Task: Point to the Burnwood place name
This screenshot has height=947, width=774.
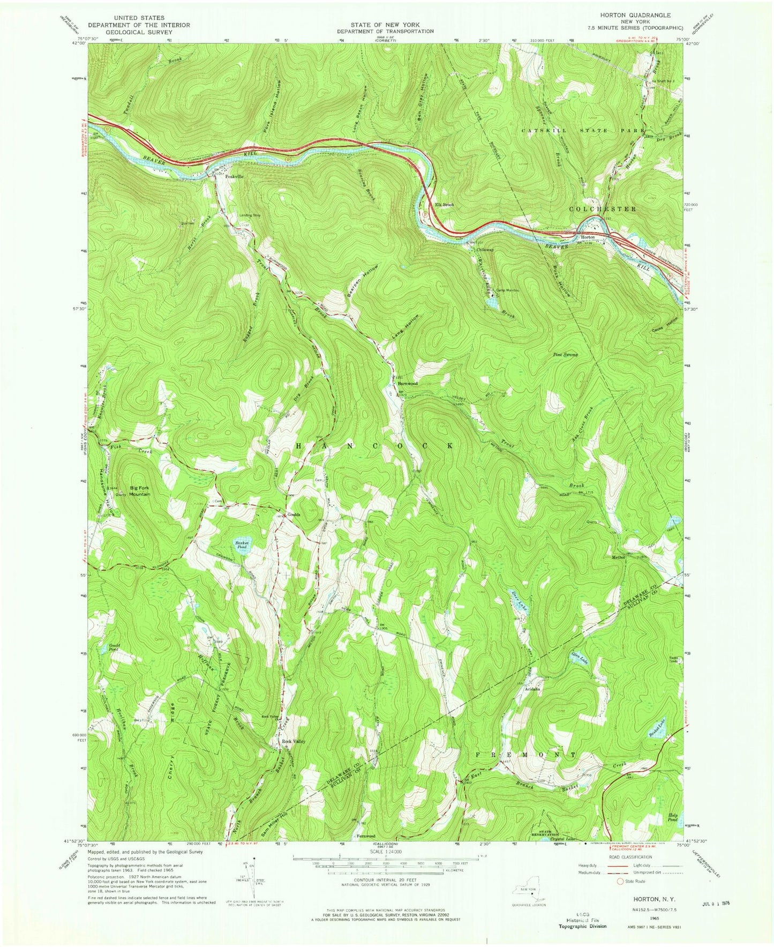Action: tap(407, 384)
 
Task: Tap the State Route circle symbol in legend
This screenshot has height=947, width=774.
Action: tap(620, 896)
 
